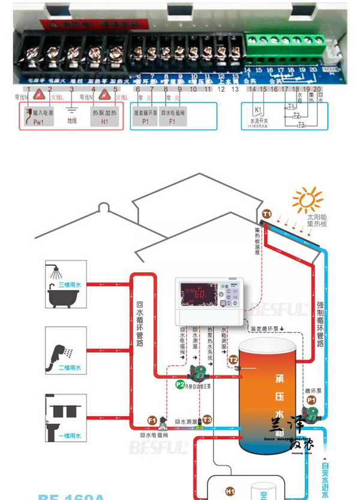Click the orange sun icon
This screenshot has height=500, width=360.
[x=308, y=200]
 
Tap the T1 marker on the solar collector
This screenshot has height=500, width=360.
[x=267, y=214]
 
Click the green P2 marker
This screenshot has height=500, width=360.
[x=180, y=384]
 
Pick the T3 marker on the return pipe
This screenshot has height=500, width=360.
[x=207, y=420]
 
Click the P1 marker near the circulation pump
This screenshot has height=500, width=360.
[x=311, y=399]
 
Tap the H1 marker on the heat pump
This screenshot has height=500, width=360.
[x=230, y=491]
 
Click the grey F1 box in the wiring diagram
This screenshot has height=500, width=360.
[x=172, y=116]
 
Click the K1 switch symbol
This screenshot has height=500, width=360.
[x=258, y=112]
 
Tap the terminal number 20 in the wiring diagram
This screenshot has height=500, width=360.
[x=317, y=89]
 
